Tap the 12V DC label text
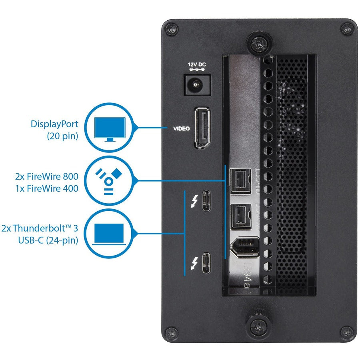197,64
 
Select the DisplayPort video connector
203,128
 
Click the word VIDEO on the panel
181,128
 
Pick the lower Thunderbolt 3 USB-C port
206,263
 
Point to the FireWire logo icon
109,180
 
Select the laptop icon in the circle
109,234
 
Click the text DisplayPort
54,124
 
